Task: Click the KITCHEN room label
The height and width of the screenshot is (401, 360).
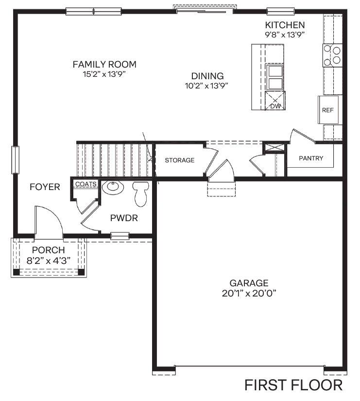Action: tap(285, 25)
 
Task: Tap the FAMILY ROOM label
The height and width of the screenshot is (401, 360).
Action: tap(104, 64)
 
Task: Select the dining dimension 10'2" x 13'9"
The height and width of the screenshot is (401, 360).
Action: tap(207, 86)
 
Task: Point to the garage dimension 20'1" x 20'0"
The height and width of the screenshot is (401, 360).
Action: tap(249, 293)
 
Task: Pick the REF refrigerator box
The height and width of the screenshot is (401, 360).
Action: tap(327, 110)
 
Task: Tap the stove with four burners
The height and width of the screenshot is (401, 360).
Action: tap(333, 55)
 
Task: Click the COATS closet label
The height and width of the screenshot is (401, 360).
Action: tap(85, 184)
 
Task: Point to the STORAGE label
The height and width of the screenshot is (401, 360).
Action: tap(179, 160)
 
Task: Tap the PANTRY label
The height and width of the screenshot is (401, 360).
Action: tap(311, 158)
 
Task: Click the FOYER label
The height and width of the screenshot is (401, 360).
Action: tap(45, 187)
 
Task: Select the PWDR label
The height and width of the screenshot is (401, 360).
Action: tap(124, 218)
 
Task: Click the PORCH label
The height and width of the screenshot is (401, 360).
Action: tap(48, 250)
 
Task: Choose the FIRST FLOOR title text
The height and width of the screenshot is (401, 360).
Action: tap(293, 385)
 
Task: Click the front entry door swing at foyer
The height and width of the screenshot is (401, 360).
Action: tap(48, 221)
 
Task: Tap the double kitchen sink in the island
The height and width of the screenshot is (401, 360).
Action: tap(275, 77)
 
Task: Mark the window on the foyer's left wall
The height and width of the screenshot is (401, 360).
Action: tap(16, 160)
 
